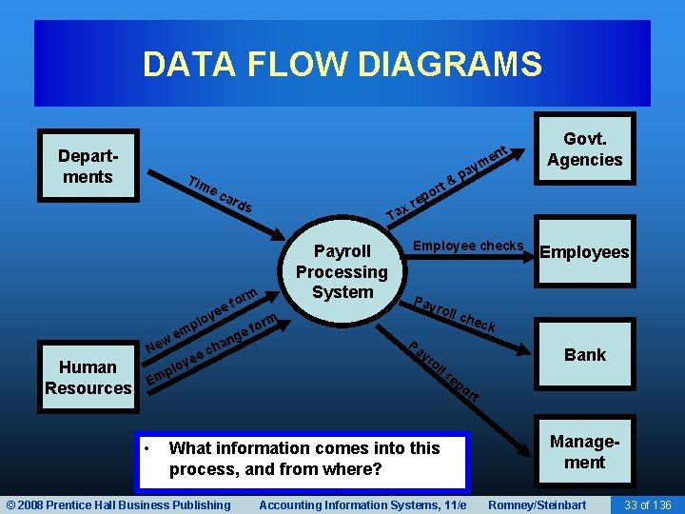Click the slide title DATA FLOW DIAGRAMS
click(x=342, y=65)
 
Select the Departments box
click(x=86, y=167)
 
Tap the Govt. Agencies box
click(x=584, y=149)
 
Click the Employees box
click(x=584, y=252)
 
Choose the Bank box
click(x=584, y=355)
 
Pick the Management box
click(x=584, y=452)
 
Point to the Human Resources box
click(x=88, y=377)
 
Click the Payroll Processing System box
click(x=342, y=271)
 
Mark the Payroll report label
click(x=443, y=370)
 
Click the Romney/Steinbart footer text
click(x=537, y=504)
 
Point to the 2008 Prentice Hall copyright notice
click(x=118, y=504)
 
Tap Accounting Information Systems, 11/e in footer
click(x=362, y=504)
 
